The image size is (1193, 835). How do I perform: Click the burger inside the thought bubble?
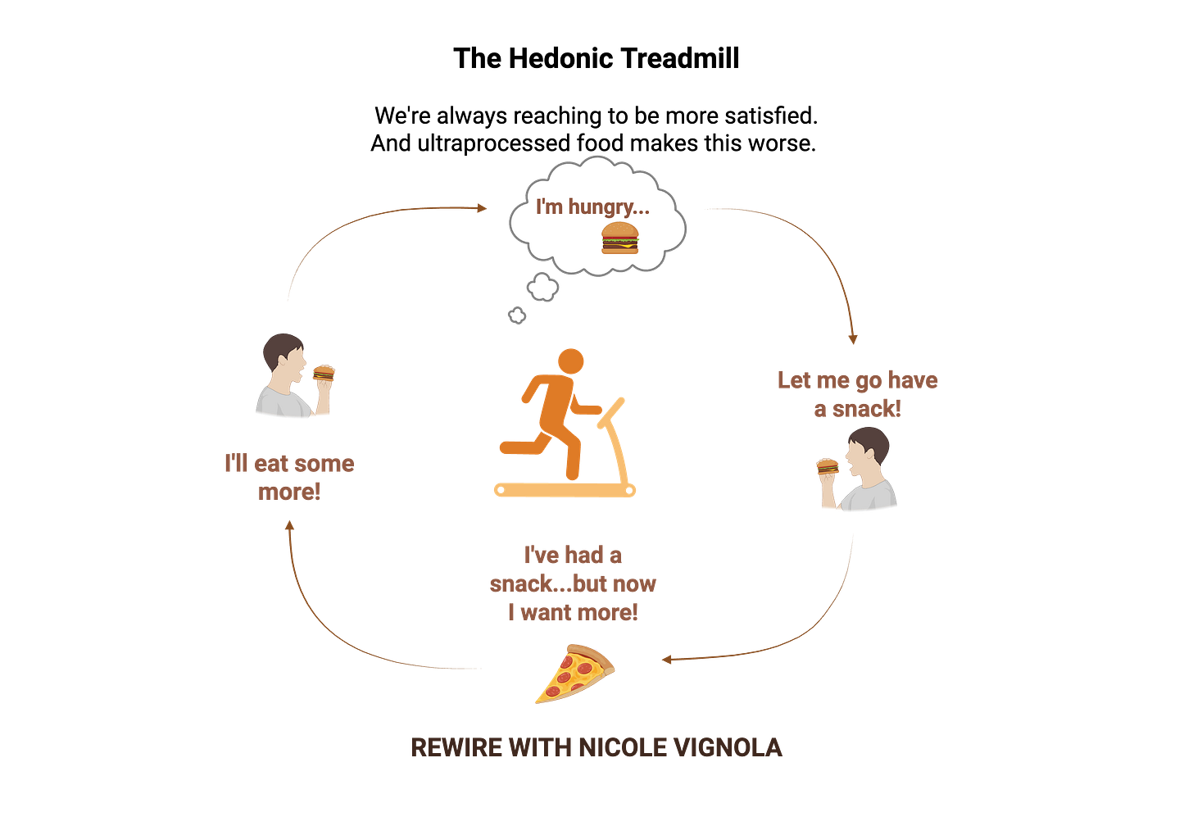tap(620, 238)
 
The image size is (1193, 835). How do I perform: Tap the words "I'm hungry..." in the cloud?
tap(592, 206)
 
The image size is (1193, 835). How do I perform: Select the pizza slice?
tap(575, 673)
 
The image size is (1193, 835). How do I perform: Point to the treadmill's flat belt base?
tap(565, 491)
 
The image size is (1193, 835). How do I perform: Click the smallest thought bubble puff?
tap(517, 315)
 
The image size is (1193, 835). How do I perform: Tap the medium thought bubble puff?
tap(542, 287)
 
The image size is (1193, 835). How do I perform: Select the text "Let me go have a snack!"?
tap(857, 394)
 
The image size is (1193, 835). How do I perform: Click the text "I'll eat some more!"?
tap(289, 478)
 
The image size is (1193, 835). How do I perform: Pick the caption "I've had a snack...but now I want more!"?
tap(573, 583)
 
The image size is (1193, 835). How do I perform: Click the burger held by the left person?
tap(324, 373)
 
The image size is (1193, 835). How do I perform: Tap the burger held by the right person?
tap(828, 465)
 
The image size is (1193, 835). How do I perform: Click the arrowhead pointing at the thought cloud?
tap(479, 208)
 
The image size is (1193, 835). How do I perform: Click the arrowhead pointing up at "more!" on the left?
tap(288, 527)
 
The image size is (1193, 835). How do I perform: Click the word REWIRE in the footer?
tap(456, 747)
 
